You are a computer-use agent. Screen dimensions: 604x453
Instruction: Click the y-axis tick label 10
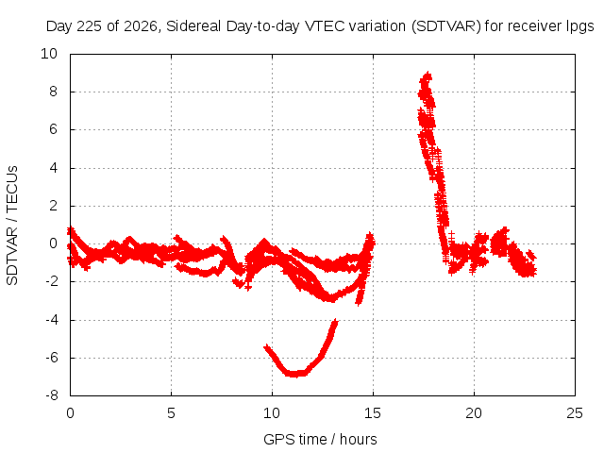click(x=49, y=54)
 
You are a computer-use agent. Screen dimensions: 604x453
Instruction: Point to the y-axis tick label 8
click(x=53, y=92)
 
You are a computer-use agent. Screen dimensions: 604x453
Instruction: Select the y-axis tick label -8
click(x=51, y=395)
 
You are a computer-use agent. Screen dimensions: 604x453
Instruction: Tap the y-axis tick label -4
click(x=51, y=320)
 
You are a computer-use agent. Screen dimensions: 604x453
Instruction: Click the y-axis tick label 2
click(x=53, y=206)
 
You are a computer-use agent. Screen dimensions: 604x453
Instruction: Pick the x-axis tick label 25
click(x=575, y=413)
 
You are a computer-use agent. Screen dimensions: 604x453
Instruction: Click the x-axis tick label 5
click(x=171, y=413)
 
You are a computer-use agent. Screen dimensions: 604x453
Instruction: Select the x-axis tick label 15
click(x=373, y=413)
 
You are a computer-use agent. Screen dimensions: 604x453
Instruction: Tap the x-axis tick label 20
click(x=474, y=413)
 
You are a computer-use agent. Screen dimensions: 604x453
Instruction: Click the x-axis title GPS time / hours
click(x=320, y=439)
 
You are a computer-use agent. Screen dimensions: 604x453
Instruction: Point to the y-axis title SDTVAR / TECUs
click(x=12, y=226)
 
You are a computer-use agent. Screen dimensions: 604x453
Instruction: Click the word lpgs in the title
click(x=579, y=26)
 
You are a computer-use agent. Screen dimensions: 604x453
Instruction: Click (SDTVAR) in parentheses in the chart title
click(x=446, y=26)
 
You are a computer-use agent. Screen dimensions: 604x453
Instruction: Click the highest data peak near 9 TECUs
click(x=427, y=75)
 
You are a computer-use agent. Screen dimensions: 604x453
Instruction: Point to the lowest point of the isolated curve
click(x=294, y=374)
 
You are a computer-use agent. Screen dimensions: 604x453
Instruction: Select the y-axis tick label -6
click(x=51, y=358)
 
